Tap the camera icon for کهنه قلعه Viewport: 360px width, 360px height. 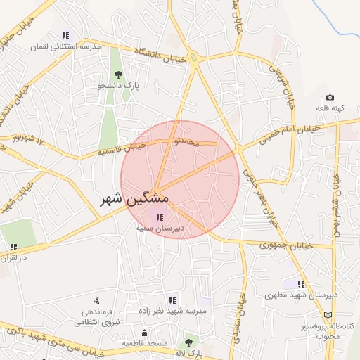click(330, 98)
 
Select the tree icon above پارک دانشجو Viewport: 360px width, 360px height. click(117, 75)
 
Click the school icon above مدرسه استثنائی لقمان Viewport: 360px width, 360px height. click(66, 35)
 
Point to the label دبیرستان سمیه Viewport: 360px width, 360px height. click(160, 228)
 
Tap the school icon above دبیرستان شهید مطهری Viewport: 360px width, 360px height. click(301, 285)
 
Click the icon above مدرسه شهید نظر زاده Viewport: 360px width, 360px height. click(173, 300)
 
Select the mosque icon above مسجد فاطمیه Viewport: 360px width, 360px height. click(146, 333)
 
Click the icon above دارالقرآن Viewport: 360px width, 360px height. click(13, 247)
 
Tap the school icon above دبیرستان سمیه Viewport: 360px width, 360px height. click(160, 218)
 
